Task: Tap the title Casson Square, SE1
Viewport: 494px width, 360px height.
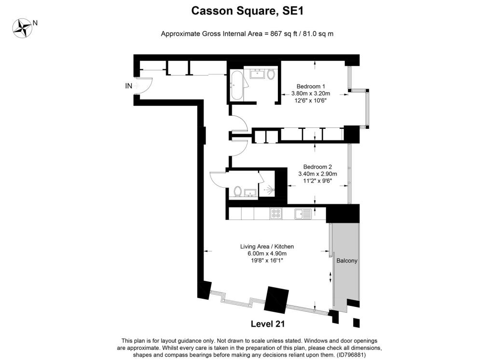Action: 247,11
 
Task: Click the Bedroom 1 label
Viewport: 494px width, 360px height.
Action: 311,86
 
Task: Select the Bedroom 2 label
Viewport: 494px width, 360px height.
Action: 317,167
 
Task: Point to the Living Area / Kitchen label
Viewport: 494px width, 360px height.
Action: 267,247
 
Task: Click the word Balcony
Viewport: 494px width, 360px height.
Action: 347,261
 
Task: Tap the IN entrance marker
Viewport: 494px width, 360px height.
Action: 128,86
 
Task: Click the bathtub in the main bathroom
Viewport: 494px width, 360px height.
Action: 236,85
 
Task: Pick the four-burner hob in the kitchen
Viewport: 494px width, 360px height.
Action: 276,213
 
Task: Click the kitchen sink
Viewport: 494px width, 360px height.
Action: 303,213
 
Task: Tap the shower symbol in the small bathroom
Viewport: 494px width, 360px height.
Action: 268,190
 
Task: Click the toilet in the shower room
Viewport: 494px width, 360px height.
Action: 237,191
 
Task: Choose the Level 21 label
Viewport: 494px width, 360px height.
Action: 268,324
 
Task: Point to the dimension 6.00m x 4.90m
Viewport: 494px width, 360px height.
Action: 267,253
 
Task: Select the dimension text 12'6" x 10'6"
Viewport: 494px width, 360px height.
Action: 311,100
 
